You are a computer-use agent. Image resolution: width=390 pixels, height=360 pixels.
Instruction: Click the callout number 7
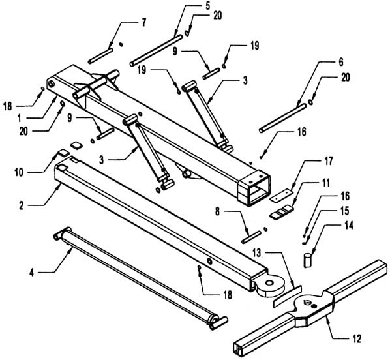(x=143, y=23)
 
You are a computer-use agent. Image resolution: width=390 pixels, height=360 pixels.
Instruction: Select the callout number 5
(x=208, y=5)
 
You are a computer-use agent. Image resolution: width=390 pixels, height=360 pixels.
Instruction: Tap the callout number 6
(x=340, y=62)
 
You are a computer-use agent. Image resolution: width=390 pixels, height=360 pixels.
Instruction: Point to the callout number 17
(x=328, y=161)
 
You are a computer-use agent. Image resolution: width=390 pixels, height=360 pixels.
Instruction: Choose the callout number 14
(x=348, y=226)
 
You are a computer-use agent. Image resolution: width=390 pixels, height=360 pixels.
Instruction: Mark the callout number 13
(x=257, y=253)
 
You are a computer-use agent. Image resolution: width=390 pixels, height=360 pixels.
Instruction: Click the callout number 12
(x=357, y=339)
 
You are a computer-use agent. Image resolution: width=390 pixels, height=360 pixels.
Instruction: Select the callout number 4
(x=31, y=273)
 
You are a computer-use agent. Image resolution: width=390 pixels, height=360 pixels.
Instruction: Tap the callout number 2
(x=21, y=205)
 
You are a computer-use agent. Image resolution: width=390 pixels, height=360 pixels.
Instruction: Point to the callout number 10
(x=19, y=172)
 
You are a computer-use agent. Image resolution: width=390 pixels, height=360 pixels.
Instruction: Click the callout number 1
(x=20, y=119)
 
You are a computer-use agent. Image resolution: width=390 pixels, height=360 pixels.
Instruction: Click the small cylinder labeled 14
(x=307, y=260)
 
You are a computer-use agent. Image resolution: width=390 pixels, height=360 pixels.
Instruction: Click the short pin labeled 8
(x=252, y=237)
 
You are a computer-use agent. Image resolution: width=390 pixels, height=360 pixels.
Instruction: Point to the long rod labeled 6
(x=283, y=118)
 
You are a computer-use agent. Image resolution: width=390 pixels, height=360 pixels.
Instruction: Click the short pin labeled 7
(x=100, y=55)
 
